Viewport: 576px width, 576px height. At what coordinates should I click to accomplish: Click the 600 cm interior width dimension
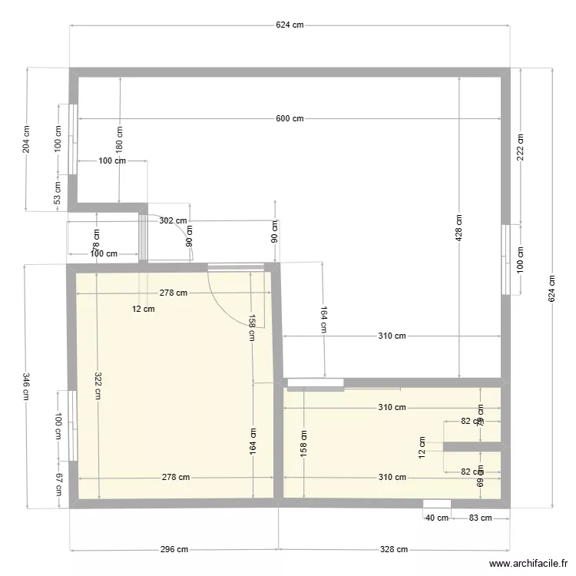point(290,118)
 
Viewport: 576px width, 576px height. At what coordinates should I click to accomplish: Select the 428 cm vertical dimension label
point(458,227)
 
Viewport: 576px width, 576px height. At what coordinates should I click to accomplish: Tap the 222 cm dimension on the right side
point(520,146)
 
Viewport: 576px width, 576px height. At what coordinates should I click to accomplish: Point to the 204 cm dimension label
point(27,140)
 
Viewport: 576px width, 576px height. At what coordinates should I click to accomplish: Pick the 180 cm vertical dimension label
point(119,138)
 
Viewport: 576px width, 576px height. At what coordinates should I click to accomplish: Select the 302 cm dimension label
point(173,220)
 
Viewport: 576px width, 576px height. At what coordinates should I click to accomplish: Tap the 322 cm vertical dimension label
point(98,386)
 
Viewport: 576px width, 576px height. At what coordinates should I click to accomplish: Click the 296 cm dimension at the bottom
point(174,549)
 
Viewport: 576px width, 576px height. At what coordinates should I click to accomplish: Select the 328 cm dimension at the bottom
point(393,549)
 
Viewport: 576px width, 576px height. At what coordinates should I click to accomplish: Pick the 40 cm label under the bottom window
point(437,518)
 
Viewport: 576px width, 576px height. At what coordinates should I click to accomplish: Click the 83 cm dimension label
point(480,518)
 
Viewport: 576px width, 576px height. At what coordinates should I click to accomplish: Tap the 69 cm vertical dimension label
point(481,482)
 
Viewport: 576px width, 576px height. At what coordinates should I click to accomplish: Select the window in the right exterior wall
point(505,259)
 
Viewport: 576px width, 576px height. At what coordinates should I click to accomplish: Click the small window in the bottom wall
point(437,503)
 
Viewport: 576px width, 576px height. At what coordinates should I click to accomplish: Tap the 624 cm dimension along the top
point(290,25)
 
